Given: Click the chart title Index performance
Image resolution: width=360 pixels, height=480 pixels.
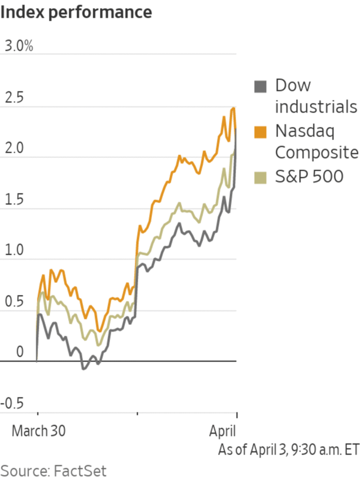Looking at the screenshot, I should [76, 12].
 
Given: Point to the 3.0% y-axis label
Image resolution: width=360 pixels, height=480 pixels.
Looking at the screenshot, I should [19, 46].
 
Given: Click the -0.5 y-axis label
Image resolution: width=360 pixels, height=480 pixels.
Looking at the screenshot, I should [16, 404].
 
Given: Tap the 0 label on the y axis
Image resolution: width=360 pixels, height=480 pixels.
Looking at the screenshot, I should [7, 352].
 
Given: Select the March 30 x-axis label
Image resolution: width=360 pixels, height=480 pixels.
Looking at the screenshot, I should [38, 431].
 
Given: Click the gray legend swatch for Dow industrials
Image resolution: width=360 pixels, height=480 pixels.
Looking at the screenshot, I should [260, 87].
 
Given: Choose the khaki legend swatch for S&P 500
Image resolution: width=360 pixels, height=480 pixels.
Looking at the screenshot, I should [260, 177].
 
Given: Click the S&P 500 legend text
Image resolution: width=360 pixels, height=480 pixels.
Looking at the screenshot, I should [309, 176].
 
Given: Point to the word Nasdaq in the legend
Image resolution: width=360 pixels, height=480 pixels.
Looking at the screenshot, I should [305, 131].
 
